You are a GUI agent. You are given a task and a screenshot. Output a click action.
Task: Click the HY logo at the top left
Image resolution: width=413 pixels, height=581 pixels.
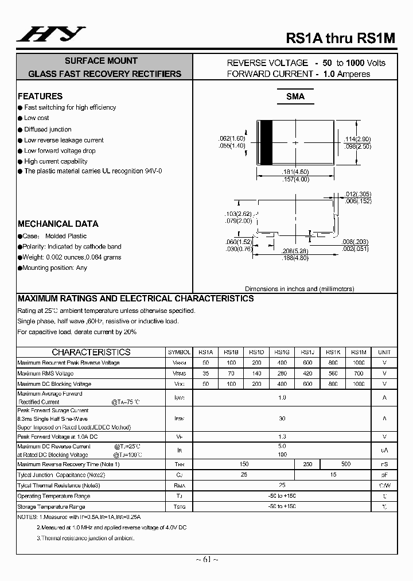pyautogui.click(x=51, y=35)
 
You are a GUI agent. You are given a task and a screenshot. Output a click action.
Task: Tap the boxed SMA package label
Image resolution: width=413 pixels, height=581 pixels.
pyautogui.click(x=295, y=96)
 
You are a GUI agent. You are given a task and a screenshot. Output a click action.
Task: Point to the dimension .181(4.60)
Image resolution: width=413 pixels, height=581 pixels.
pyautogui.click(x=295, y=172)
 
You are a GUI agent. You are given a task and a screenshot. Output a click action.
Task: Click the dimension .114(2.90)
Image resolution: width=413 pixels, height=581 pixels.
pyautogui.click(x=357, y=139)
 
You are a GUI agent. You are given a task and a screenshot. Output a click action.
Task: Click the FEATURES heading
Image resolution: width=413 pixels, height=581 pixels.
pyautogui.click(x=40, y=96)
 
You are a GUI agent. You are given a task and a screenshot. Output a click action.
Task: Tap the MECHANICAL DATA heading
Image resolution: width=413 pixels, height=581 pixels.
pyautogui.click(x=58, y=224)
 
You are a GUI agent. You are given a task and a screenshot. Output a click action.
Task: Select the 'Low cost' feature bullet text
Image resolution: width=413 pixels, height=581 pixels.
pyautogui.click(x=37, y=118)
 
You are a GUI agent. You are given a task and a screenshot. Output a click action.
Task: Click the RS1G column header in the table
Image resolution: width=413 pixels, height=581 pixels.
pyautogui.click(x=282, y=353)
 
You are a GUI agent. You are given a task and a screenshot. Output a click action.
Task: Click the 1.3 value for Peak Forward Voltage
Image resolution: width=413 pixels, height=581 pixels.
pyautogui.click(x=282, y=436)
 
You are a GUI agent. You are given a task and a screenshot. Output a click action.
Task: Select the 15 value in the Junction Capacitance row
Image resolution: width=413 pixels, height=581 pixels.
pyautogui.click(x=333, y=475)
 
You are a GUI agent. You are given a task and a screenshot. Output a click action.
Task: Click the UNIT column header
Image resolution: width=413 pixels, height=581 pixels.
pyautogui.click(x=384, y=353)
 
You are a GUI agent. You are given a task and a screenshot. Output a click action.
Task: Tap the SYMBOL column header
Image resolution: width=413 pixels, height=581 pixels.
pyautogui.click(x=179, y=353)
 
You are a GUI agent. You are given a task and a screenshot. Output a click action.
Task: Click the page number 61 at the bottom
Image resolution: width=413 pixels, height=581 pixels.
pyautogui.click(x=206, y=560)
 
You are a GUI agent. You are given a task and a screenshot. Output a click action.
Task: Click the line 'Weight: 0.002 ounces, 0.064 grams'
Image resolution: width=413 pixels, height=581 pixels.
pyautogui.click(x=72, y=257)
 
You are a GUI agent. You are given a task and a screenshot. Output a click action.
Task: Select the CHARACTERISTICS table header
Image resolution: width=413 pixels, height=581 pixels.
pyautogui.click(x=91, y=353)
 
